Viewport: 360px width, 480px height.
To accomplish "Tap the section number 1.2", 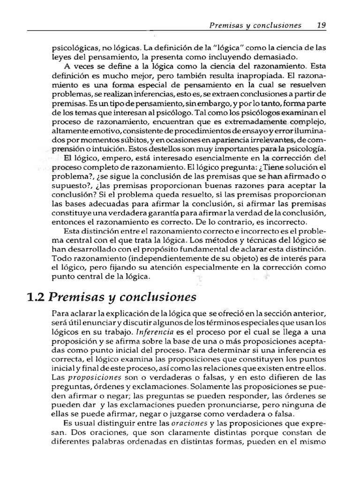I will point(37,297).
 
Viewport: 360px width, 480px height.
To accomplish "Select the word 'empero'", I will point(99,156).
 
